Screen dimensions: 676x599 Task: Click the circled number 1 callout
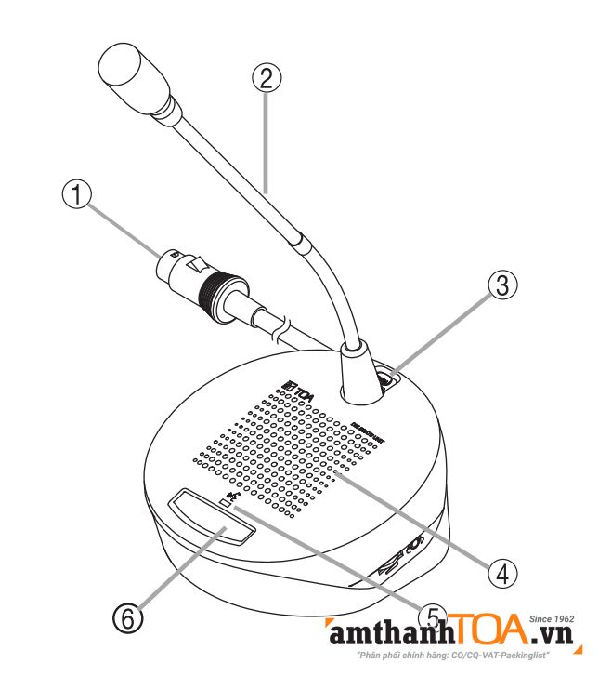(x=79, y=195)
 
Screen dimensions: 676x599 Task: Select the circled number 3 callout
(x=501, y=286)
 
